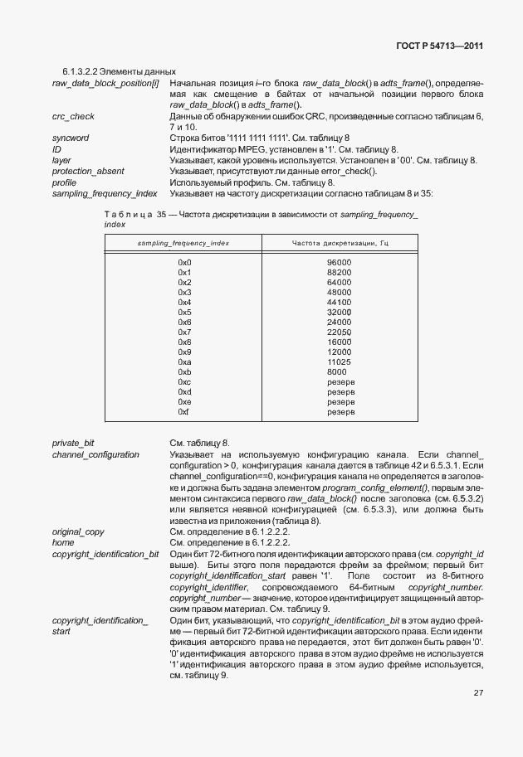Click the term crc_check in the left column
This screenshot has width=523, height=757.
73,118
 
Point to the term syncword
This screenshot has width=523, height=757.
71,137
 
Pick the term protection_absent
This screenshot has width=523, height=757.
88,171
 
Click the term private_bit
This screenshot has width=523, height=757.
73,444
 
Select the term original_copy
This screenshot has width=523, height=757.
77,530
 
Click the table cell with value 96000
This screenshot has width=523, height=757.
340,263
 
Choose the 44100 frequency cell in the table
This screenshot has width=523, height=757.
340,303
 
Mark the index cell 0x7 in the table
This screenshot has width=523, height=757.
184,332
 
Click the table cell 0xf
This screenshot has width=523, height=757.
183,411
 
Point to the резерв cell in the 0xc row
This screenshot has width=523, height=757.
340,381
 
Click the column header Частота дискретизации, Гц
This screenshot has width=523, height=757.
340,242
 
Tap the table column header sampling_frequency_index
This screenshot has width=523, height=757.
183,242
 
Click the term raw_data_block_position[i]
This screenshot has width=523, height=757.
105,84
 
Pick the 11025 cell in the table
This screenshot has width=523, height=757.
340,362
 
